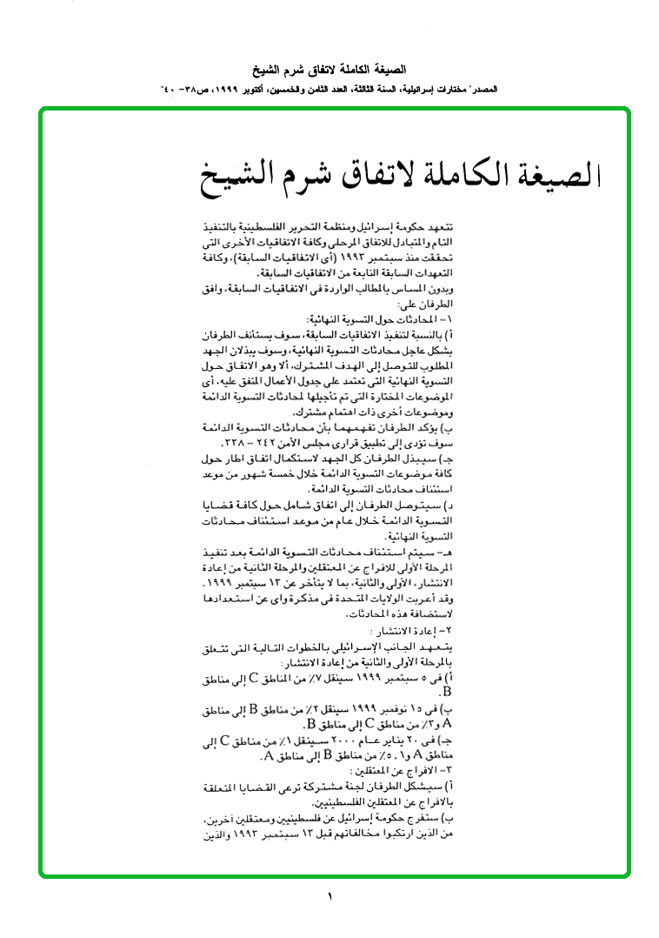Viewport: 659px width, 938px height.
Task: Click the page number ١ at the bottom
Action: [x=330, y=897]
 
